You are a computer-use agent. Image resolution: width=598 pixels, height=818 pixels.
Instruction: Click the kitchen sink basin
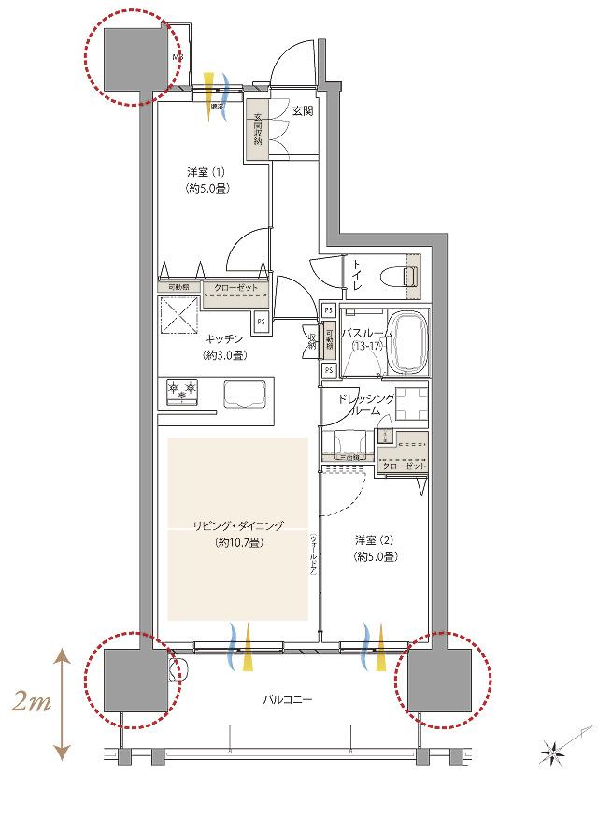coord(240,395)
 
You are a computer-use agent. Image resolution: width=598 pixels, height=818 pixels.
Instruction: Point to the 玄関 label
coord(302,111)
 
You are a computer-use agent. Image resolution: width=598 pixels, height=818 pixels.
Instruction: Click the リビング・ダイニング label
coord(238,534)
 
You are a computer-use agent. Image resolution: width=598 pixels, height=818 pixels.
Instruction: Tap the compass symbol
coord(553,750)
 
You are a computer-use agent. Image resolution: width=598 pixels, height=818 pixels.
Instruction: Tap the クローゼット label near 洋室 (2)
coord(404,466)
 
